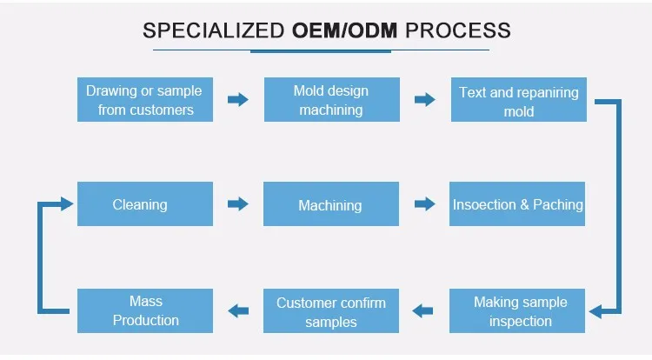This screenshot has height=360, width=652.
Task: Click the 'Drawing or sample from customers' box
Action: pyautogui.click(x=144, y=100)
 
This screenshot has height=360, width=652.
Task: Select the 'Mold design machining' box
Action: pyautogui.click(x=330, y=100)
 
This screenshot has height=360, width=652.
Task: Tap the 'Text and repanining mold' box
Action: pyautogui.click(x=518, y=101)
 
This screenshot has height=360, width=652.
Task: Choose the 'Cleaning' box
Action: pyautogui.click(x=144, y=204)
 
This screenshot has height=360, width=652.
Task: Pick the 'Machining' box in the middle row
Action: pyautogui.click(x=330, y=204)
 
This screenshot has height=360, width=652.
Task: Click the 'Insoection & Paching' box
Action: pyautogui.click(x=518, y=204)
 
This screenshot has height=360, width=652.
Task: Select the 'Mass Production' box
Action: pyautogui.click(x=144, y=310)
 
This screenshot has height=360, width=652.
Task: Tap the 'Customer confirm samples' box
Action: pyautogui.click(x=330, y=312)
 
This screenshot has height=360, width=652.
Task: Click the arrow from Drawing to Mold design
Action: pyautogui.click(x=237, y=100)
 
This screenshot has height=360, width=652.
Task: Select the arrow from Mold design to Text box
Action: pyautogui.click(x=424, y=100)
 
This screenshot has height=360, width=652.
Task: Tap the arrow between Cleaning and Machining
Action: pyautogui.click(x=237, y=204)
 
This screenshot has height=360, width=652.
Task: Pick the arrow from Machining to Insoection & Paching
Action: pyautogui.click(x=424, y=204)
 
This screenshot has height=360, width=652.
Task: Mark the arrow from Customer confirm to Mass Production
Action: pyautogui.click(x=237, y=309)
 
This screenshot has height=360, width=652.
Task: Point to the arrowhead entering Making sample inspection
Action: pyautogui.click(x=597, y=310)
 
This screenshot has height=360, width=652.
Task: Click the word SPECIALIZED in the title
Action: pyautogui.click(x=214, y=31)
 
